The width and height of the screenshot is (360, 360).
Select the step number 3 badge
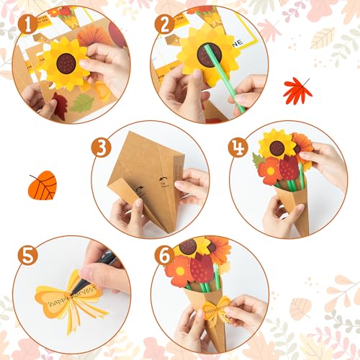click(102, 148)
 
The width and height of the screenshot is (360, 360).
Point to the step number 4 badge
click(238, 148)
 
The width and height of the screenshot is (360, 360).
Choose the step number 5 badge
click(28, 256)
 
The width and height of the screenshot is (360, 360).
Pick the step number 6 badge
click(165, 256)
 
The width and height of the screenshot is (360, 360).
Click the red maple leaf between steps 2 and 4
click(297, 90)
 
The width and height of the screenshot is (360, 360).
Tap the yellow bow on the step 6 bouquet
click(215, 310)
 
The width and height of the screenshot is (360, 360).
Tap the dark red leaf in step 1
click(58, 106)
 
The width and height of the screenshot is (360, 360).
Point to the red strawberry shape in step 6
click(202, 267)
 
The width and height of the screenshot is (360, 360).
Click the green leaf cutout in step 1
click(82, 103)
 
